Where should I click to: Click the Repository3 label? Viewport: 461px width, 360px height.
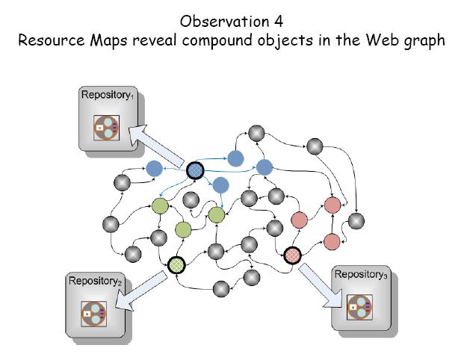pyautogui.click(x=362, y=274)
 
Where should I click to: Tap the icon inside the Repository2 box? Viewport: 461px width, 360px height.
pyautogui.click(x=96, y=311)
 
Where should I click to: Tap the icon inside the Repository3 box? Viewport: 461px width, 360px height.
pyautogui.click(x=359, y=305)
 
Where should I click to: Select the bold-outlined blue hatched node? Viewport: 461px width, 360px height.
pyautogui.click(x=196, y=171)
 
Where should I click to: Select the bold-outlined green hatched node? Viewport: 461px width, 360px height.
pyautogui.click(x=176, y=264)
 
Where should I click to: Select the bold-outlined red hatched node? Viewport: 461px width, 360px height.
pyautogui.click(x=293, y=256)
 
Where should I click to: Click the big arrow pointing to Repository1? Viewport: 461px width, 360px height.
pyautogui.click(x=158, y=147)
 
